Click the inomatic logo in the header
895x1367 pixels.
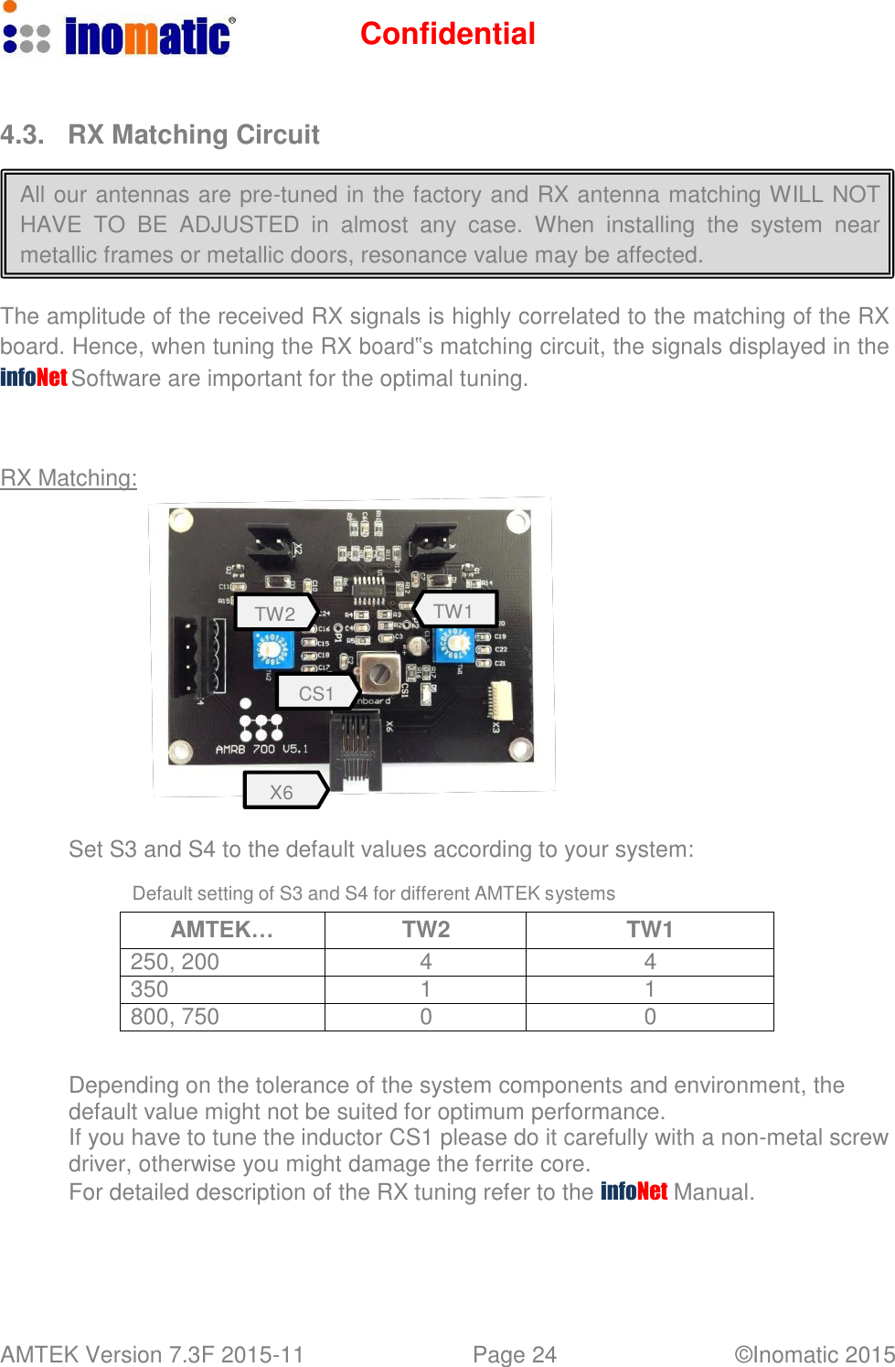click(119, 34)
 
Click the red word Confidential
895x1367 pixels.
click(447, 34)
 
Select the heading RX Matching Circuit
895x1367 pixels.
click(193, 135)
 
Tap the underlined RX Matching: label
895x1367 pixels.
click(69, 478)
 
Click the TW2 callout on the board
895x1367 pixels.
click(274, 613)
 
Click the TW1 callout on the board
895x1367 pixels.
click(453, 610)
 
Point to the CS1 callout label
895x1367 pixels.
click(315, 693)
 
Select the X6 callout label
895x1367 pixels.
click(282, 792)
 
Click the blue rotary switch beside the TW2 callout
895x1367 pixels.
click(271, 651)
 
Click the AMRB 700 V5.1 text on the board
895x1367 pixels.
click(261, 749)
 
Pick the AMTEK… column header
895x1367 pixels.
click(222, 930)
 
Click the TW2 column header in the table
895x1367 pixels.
click(426, 930)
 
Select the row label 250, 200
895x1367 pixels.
click(175, 962)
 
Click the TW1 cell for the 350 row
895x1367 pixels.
click(650, 989)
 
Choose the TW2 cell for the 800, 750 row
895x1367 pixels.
click(426, 1017)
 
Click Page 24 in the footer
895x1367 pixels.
click(514, 1354)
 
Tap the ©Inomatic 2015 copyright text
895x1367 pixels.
click(814, 1354)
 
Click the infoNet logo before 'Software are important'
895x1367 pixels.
click(34, 377)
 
